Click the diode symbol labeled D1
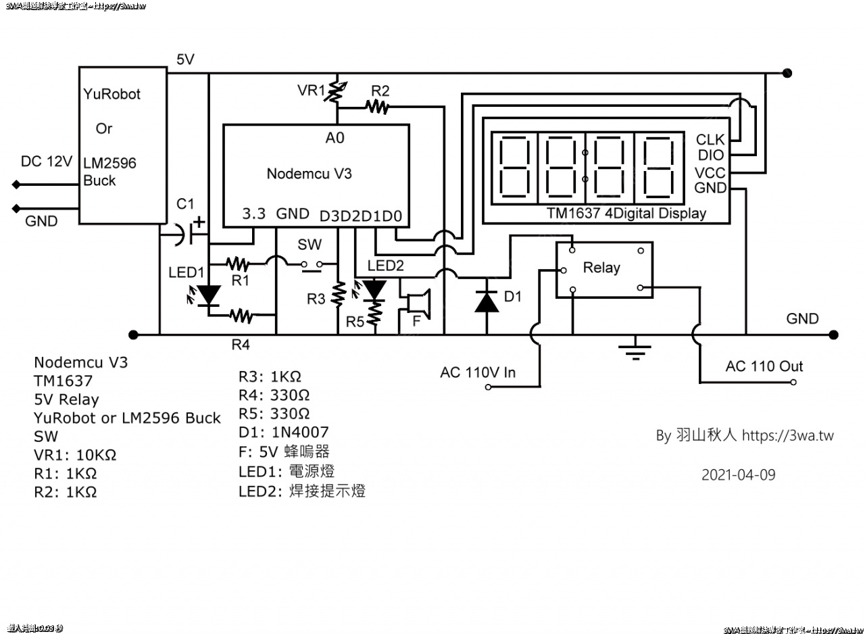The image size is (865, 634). point(487,299)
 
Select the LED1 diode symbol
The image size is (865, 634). point(209,295)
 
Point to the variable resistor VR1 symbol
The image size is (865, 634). point(336,94)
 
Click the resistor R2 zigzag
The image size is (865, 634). point(377,105)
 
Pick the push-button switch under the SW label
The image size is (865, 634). point(314,265)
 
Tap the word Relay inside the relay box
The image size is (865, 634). point(601,268)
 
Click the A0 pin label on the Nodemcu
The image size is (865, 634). point(335,138)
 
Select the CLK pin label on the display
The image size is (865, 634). point(710,140)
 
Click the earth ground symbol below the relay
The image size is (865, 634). point(635,348)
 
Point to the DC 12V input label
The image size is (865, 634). point(46,162)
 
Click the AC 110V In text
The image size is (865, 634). point(477,372)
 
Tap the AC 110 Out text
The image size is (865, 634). point(764,366)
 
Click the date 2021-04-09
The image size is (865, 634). point(738,474)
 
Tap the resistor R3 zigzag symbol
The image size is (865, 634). point(341,292)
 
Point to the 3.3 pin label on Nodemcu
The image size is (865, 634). point(254,214)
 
